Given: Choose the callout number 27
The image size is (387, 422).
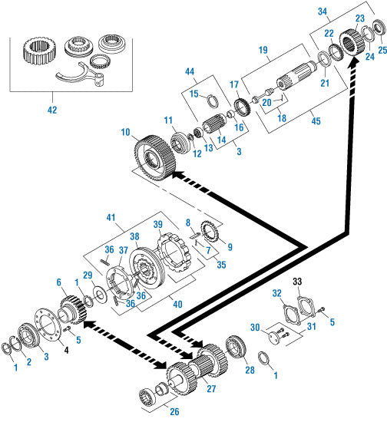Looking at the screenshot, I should click(x=211, y=389).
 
